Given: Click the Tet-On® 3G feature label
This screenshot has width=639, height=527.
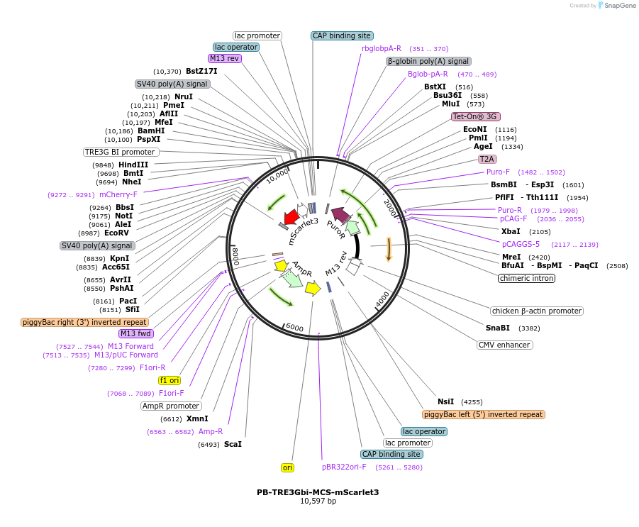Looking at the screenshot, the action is pos(476,116).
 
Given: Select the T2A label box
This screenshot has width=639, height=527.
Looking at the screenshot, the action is pos(487,159).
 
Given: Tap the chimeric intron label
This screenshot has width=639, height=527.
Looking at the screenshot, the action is pos(526,278).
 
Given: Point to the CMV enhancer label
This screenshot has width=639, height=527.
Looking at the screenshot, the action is pos(504,345).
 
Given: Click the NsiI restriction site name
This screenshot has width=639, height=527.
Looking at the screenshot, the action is pos(445,401).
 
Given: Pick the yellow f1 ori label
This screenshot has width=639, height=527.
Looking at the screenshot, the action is pos(169,380).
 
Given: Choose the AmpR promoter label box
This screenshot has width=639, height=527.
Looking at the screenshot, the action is pos(171,406).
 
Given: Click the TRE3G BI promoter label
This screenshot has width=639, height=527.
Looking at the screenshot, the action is pos(121,152).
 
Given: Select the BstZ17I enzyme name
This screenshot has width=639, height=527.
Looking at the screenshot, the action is pos(201,71).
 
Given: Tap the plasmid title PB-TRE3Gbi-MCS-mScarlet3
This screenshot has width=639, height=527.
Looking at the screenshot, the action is pos(318,492).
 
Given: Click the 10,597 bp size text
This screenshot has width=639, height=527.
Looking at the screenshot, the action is pos(318,501).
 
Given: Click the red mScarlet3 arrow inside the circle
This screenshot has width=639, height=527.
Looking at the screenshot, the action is pos(291,217).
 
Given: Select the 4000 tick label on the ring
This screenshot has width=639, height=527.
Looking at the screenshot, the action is pos(382,299).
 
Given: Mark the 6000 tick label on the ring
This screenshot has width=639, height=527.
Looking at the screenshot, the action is pos(294,327).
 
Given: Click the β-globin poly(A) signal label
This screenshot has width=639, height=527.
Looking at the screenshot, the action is pos(428,61).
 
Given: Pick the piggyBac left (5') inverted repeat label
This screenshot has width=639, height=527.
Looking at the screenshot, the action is pos(483,414).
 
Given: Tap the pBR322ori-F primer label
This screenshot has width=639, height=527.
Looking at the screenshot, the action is pos(344,467).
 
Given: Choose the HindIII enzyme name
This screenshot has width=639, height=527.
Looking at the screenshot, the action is pos(133,165).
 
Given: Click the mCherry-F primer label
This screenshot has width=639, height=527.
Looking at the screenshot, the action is pos(118,194).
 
